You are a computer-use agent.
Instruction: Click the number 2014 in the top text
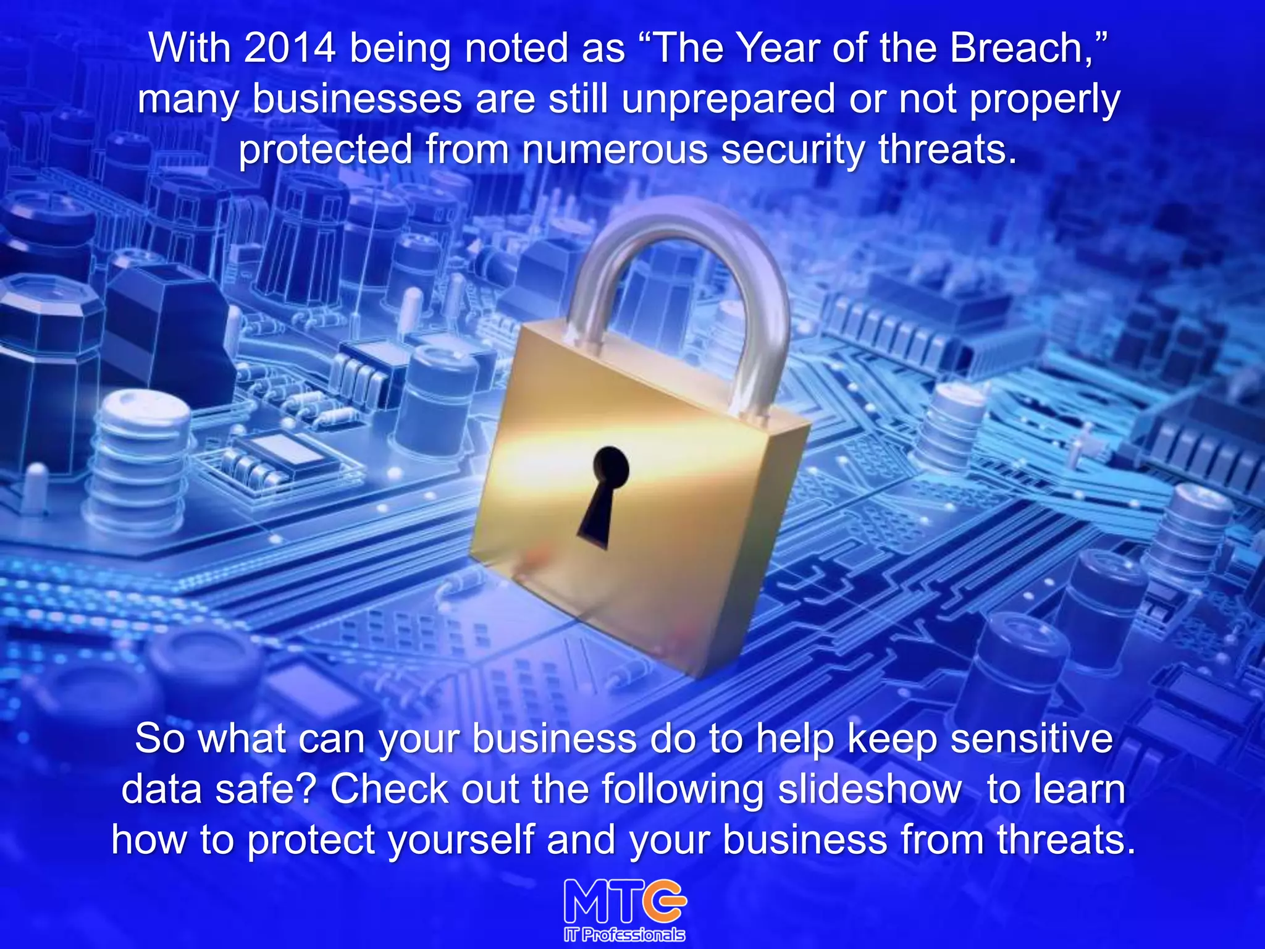(290, 48)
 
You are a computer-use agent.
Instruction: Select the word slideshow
(869, 790)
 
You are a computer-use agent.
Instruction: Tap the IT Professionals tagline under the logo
(624, 935)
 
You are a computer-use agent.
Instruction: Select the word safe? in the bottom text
(266, 790)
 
